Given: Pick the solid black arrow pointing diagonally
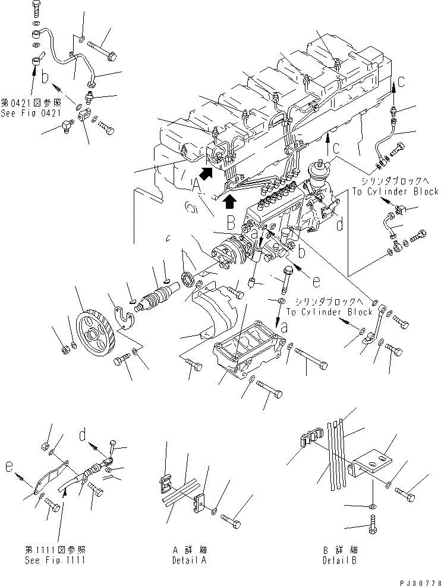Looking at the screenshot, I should (206, 173).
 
